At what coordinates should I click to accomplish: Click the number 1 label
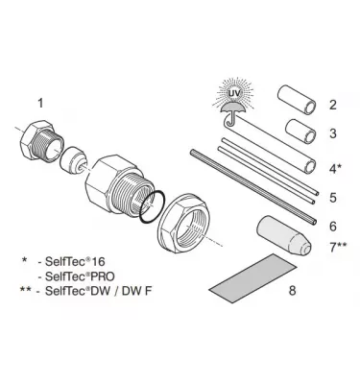click(40, 102)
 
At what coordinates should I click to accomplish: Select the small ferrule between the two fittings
click(72, 164)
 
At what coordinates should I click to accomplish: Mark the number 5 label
click(331, 198)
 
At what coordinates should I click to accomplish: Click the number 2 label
click(331, 105)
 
